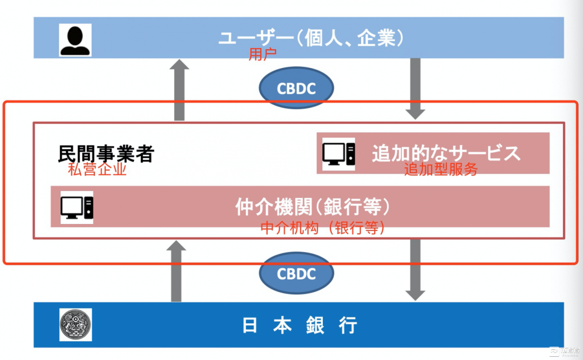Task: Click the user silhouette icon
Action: [75, 40]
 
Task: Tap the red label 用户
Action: [262, 55]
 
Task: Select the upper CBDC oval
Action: [296, 89]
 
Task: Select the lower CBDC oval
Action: [296, 274]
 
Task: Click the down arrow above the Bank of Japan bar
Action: [415, 269]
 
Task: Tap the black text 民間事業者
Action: [106, 154]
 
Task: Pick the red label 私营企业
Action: [97, 169]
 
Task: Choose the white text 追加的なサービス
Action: [446, 153]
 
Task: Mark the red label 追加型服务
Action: [441, 169]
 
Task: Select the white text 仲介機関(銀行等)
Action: [313, 207]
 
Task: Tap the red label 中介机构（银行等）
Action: [323, 228]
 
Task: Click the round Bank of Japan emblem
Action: [76, 324]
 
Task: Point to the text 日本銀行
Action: [300, 325]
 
